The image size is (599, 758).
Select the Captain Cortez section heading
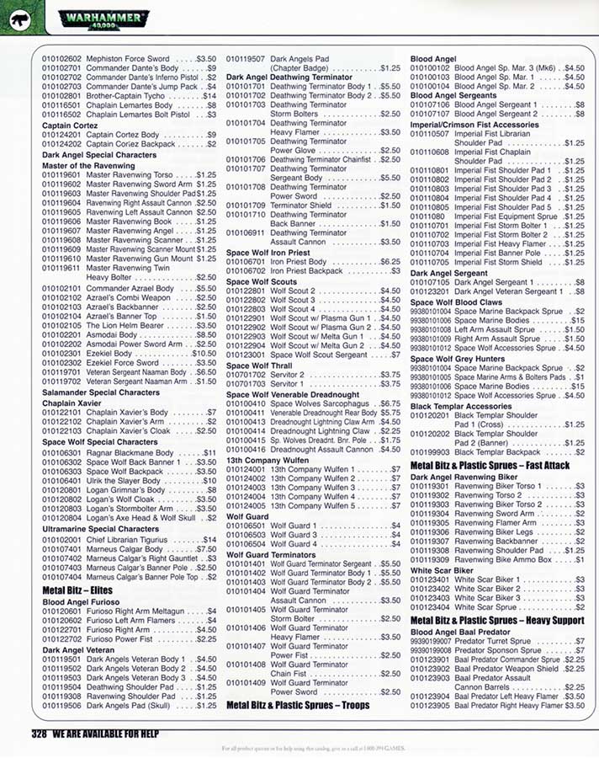coord(70,125)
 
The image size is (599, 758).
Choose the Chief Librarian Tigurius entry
coord(138,539)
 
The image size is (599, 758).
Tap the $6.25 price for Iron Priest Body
coord(388,262)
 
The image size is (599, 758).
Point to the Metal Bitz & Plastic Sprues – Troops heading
coord(298,704)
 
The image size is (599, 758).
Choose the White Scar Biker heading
coord(442,570)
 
